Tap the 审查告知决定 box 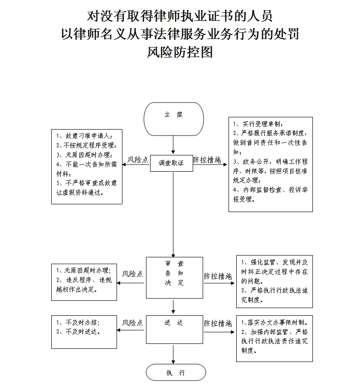pos(174,277)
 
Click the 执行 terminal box pos(175,373)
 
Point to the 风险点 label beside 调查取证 pos(137,159)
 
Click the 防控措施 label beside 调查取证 pos(207,159)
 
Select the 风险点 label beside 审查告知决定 pos(133,274)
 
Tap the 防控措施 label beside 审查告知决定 pos(218,275)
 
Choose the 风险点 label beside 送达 pos(132,323)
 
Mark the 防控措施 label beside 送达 pos(218,323)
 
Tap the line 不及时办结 pos(78,323)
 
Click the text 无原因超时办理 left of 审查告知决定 pos(84,270)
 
